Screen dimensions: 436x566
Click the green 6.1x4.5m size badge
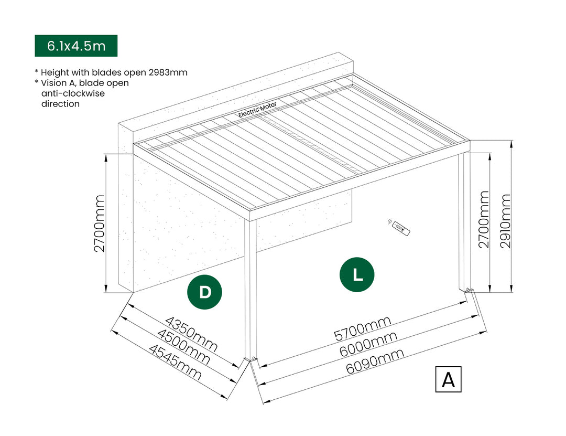(76, 46)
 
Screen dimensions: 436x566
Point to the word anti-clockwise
(73, 93)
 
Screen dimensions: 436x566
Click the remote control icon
(401, 227)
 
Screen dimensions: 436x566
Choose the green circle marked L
(357, 274)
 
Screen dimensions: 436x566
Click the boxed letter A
(448, 379)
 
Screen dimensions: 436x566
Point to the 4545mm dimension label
(175, 362)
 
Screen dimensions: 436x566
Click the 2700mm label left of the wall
(100, 223)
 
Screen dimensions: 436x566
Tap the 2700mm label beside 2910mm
(483, 219)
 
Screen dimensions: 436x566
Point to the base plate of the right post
(466, 290)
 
